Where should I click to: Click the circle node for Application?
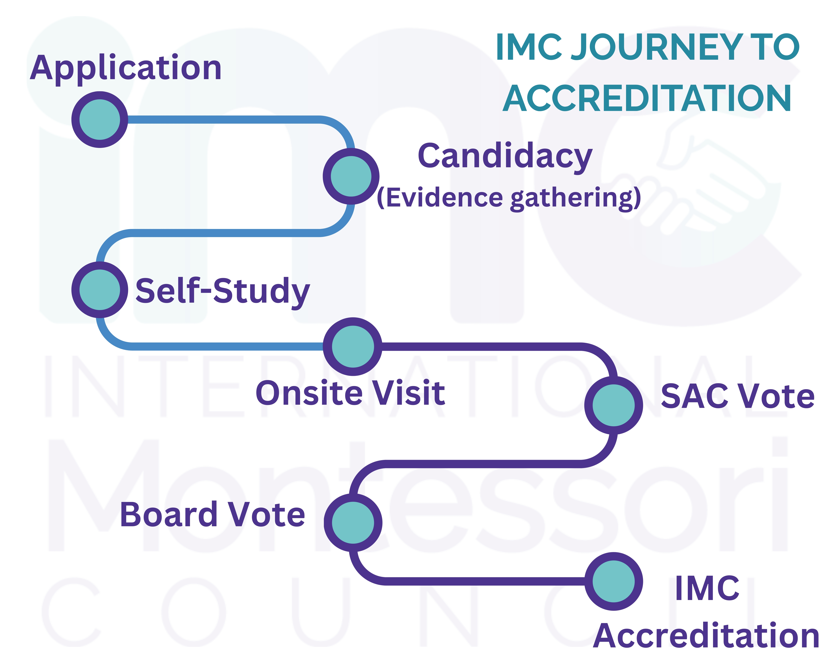click(100, 119)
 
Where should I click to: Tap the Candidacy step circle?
click(351, 176)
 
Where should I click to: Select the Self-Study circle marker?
click(100, 290)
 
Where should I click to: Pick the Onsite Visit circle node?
click(353, 346)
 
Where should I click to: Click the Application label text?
click(126, 68)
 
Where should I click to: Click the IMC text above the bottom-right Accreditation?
click(707, 588)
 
